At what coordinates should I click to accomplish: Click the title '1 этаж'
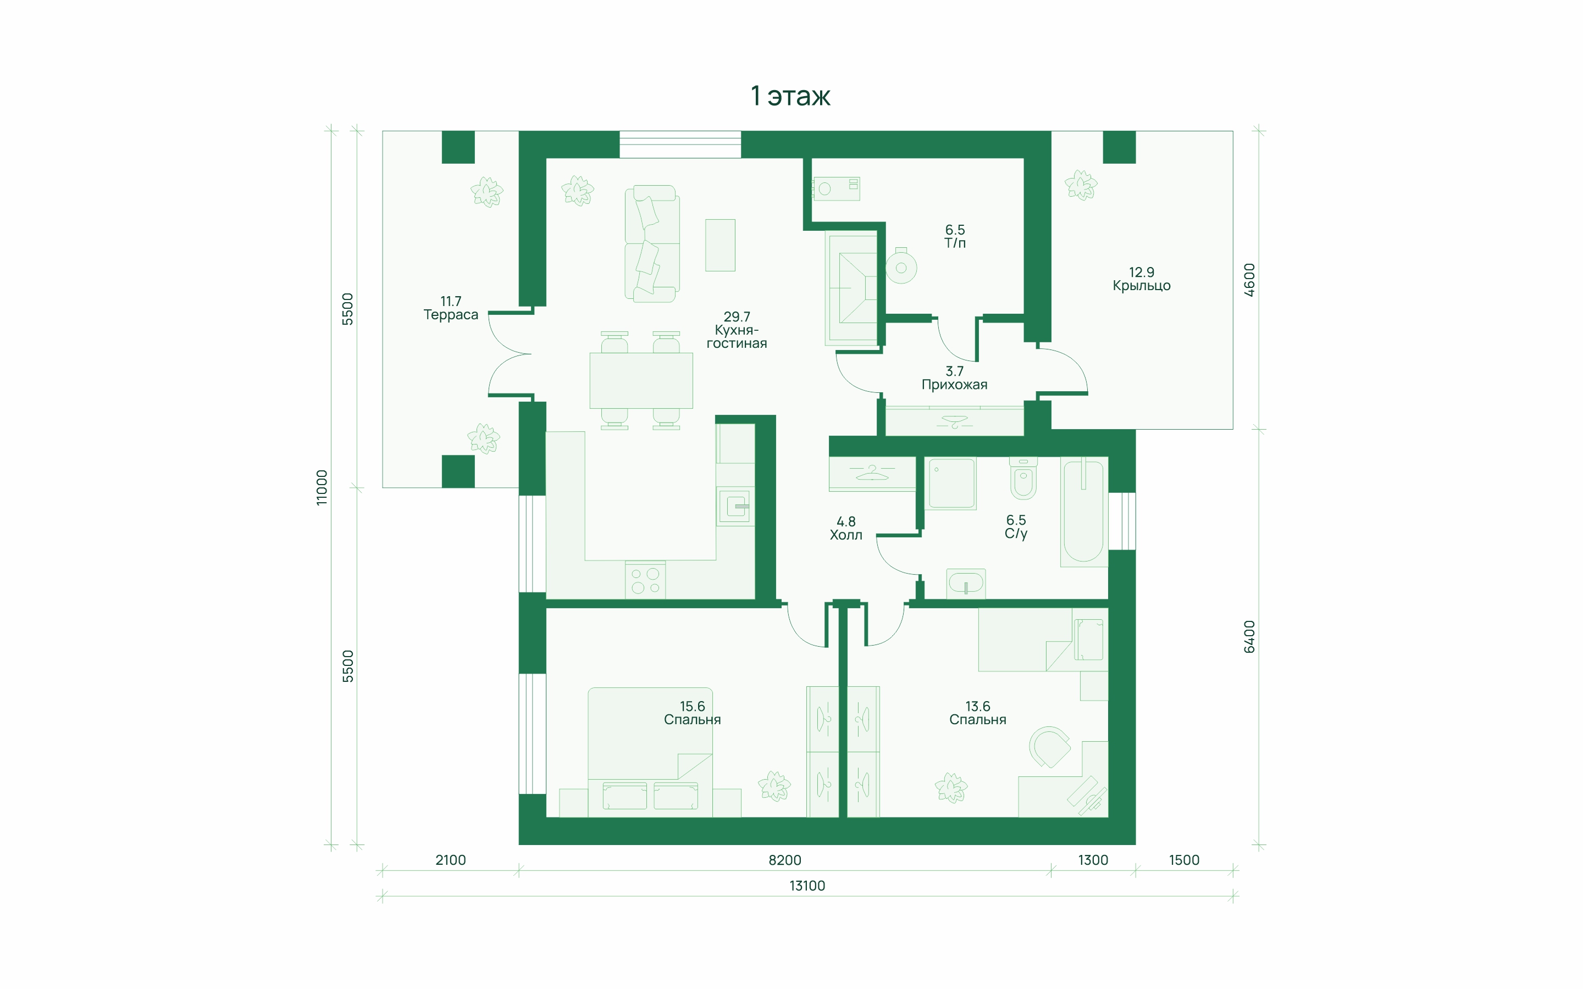(790, 96)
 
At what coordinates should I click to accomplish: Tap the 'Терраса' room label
(451, 315)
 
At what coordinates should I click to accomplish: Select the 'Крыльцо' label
(1142, 286)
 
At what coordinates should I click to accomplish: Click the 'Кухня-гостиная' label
(737, 337)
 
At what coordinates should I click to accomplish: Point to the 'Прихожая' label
(954, 385)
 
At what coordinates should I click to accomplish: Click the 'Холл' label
(846, 535)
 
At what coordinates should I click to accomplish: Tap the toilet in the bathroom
(1023, 478)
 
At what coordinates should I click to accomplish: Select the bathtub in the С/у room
(1084, 512)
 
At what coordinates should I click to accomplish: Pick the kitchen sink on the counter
(735, 505)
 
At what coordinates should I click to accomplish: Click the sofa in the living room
(651, 243)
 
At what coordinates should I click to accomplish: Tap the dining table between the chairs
(641, 381)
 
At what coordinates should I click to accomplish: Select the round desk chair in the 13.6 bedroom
(1049, 746)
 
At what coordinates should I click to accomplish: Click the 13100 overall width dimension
(807, 886)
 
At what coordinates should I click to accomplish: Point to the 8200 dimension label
(785, 860)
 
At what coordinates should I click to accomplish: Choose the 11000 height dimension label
(321, 487)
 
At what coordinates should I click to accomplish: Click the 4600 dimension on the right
(1249, 280)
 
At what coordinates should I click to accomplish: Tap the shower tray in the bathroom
(950, 484)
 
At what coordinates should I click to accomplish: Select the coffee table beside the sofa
(720, 245)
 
